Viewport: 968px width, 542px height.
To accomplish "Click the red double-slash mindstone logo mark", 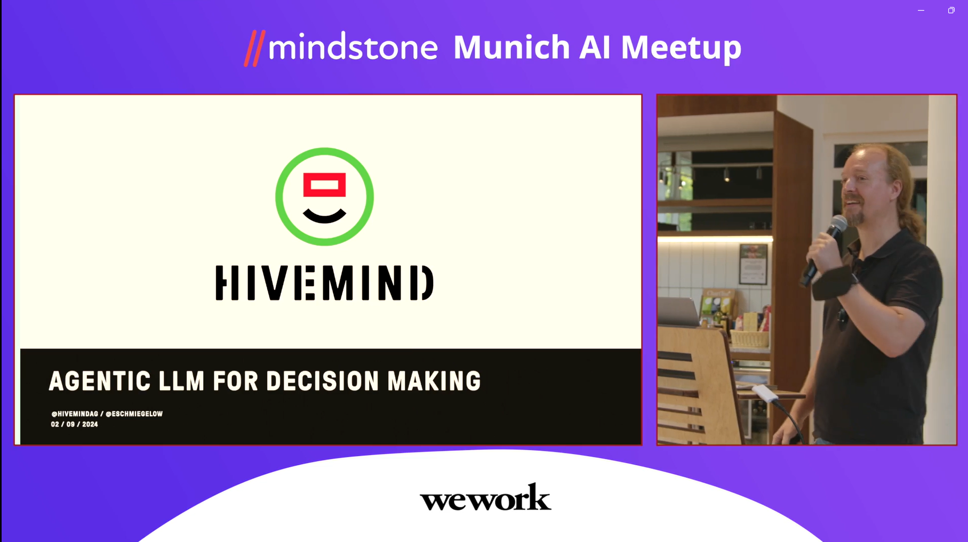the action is coord(254,48).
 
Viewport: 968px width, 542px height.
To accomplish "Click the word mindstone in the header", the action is coord(353,47).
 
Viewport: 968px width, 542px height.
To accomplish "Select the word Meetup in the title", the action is coord(681,48).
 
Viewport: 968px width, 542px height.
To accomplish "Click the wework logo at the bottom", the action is coord(485,497).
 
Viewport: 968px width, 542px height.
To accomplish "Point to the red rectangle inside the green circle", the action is coord(324,185).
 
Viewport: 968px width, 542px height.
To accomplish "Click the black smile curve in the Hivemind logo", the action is coord(324,215).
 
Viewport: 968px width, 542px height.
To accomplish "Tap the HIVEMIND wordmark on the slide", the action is coord(324,283).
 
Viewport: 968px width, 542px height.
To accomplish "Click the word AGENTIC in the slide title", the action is coord(100,381).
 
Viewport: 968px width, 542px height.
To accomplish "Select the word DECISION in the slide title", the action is coord(323,381).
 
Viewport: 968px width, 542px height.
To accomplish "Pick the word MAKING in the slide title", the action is coord(434,381).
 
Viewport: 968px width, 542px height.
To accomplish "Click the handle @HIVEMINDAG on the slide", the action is coord(75,414).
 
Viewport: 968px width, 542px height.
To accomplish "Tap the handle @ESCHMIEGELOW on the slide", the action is coord(134,414).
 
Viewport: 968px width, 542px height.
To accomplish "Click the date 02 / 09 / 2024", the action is coord(75,424).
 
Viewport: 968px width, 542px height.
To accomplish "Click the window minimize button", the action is coord(921,10).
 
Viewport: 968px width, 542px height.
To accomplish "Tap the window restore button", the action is coord(951,10).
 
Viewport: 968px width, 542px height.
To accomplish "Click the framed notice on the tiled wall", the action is coord(753,263).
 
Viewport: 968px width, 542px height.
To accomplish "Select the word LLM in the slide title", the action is coord(182,381).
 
